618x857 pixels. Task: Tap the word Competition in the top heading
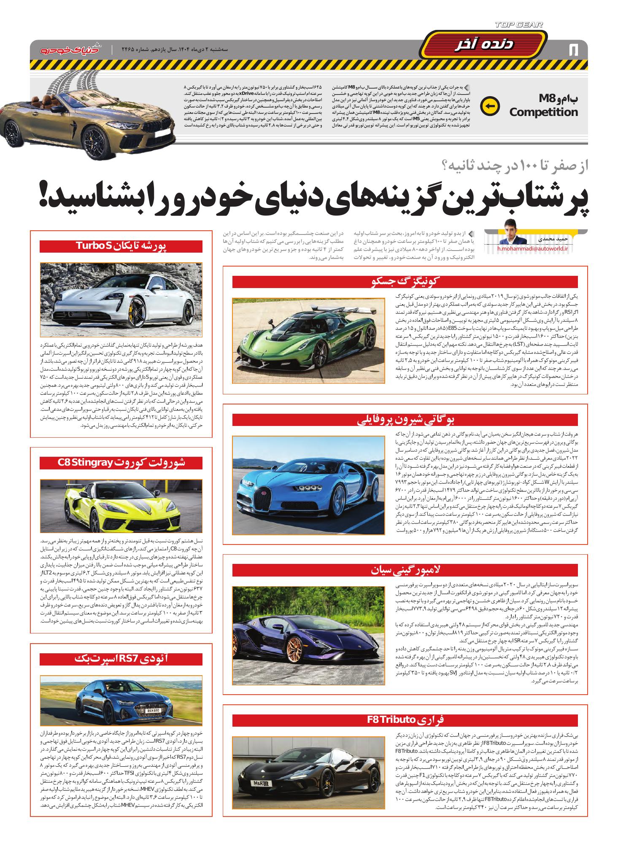coord(543,112)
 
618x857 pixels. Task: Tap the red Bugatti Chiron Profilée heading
coord(405,420)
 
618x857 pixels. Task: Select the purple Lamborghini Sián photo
coord(308,636)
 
